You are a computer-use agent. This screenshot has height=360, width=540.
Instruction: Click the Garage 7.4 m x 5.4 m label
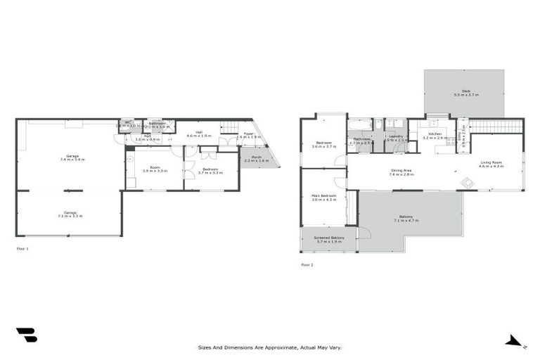pyautogui.click(x=72, y=157)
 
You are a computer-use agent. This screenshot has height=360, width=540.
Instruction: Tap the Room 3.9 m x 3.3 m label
pyautogui.click(x=155, y=169)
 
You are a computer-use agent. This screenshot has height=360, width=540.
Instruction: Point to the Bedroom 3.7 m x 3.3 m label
pyautogui.click(x=210, y=171)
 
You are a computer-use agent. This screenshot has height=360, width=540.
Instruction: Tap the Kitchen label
pyautogui.click(x=434, y=136)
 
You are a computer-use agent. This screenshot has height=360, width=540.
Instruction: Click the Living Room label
pyautogui.click(x=491, y=165)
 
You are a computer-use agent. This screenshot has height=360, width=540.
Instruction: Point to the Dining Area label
pyautogui.click(x=401, y=172)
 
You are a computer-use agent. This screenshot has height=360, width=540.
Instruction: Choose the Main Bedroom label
pyautogui.click(x=323, y=199)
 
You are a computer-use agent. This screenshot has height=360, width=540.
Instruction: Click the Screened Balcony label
pyautogui.click(x=328, y=240)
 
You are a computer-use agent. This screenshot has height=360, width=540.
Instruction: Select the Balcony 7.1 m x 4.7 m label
pyautogui.click(x=406, y=219)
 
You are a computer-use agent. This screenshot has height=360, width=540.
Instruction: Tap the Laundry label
pyautogui.click(x=396, y=138)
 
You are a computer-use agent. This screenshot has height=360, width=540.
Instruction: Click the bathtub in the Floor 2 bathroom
pyautogui.click(x=361, y=125)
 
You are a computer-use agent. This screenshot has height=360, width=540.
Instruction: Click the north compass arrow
pyautogui.click(x=516, y=342)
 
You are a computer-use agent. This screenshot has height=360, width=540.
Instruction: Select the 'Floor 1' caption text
pyautogui.click(x=22, y=248)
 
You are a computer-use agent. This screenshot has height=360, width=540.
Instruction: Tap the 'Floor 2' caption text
pyautogui.click(x=307, y=264)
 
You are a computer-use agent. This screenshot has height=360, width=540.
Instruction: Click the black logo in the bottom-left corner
pyautogui.click(x=26, y=335)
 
